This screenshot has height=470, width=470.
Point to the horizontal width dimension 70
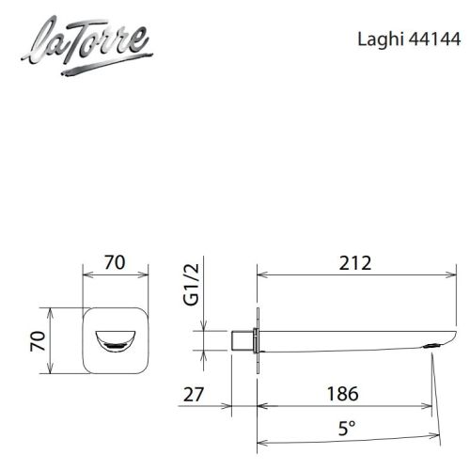coord(116,262)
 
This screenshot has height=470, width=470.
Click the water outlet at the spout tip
coord(432,345)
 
